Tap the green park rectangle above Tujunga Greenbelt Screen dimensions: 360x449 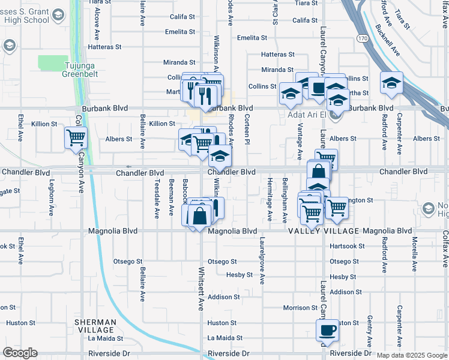coord(53,62)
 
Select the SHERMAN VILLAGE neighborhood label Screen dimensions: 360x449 coord(95,326)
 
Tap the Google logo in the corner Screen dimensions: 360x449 coord(20,353)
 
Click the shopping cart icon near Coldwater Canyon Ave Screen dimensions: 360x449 coord(76,138)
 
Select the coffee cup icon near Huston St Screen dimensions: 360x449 coord(327,329)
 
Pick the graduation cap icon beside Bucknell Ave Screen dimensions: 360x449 coord(391,82)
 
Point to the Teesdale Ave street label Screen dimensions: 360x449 coord(157,199)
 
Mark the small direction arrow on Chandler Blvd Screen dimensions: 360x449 coord(127,167)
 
